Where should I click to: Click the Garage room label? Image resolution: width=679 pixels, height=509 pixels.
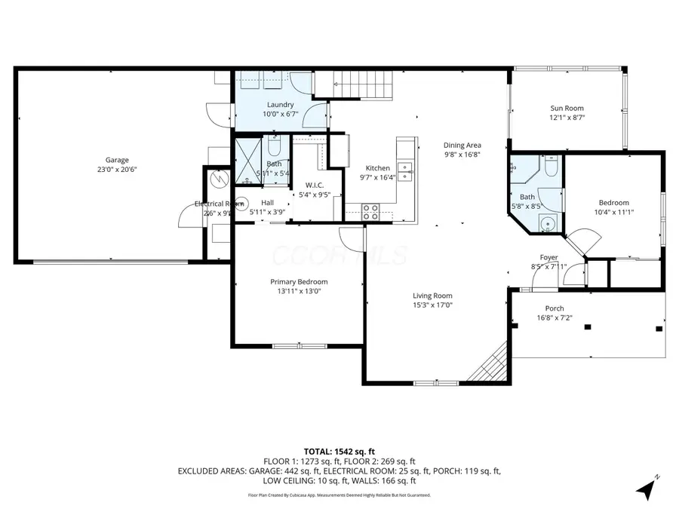pyautogui.click(x=117, y=160)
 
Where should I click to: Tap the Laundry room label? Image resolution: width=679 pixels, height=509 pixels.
pyautogui.click(x=281, y=105)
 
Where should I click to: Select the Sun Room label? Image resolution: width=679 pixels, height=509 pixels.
pyautogui.click(x=567, y=109)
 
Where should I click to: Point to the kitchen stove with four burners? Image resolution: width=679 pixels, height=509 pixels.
pyautogui.click(x=370, y=212)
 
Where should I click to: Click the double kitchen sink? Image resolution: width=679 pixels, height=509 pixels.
pyautogui.click(x=405, y=171)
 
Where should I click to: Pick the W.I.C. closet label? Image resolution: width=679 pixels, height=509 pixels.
pyautogui.click(x=315, y=186)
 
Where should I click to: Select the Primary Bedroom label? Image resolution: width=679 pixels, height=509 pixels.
pyautogui.click(x=299, y=281)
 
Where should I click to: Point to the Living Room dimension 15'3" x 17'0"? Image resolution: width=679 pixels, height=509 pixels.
pyautogui.click(x=432, y=305)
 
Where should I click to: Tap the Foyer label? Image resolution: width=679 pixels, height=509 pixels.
pyautogui.click(x=548, y=257)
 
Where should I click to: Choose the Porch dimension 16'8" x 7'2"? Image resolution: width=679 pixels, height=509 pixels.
pyautogui.click(x=555, y=318)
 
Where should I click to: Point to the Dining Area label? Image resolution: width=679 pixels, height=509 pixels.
pyautogui.click(x=462, y=146)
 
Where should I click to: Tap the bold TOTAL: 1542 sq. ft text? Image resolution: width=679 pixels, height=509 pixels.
pyautogui.click(x=339, y=450)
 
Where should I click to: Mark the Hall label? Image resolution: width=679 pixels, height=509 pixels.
pyautogui.click(x=267, y=203)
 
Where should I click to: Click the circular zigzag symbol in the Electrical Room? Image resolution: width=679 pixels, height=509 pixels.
pyautogui.click(x=219, y=179)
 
